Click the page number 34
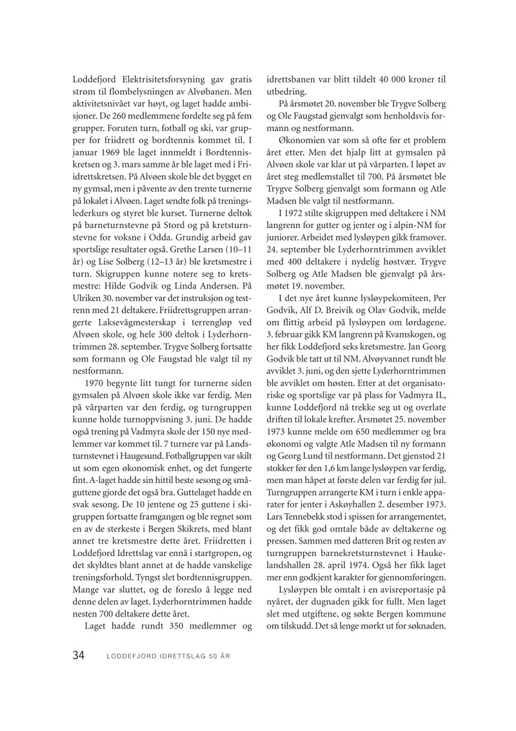click(x=79, y=655)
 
